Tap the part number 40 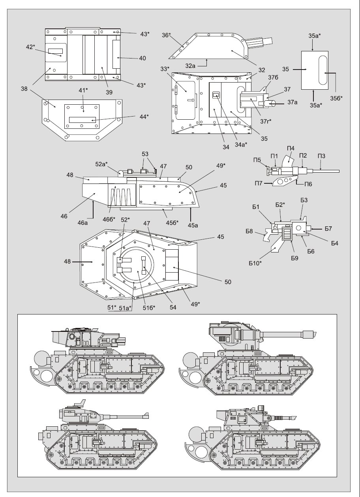[x=142, y=58]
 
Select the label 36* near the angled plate [x=167, y=36]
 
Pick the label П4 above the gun [x=291, y=148]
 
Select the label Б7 [x=329, y=228]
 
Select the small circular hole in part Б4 [x=298, y=228]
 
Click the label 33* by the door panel [x=165, y=69]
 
